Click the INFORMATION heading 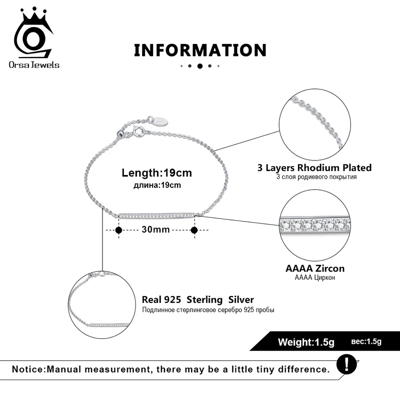(200, 50)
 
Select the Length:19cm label (156, 173)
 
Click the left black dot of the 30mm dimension (118, 230)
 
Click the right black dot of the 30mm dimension (194, 230)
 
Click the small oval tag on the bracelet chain (159, 120)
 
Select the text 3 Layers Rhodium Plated (314, 168)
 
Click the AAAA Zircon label (314, 268)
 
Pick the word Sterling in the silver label (205, 300)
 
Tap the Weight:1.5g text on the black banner (306, 342)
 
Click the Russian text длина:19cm (156, 185)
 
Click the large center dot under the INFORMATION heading (200, 65)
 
